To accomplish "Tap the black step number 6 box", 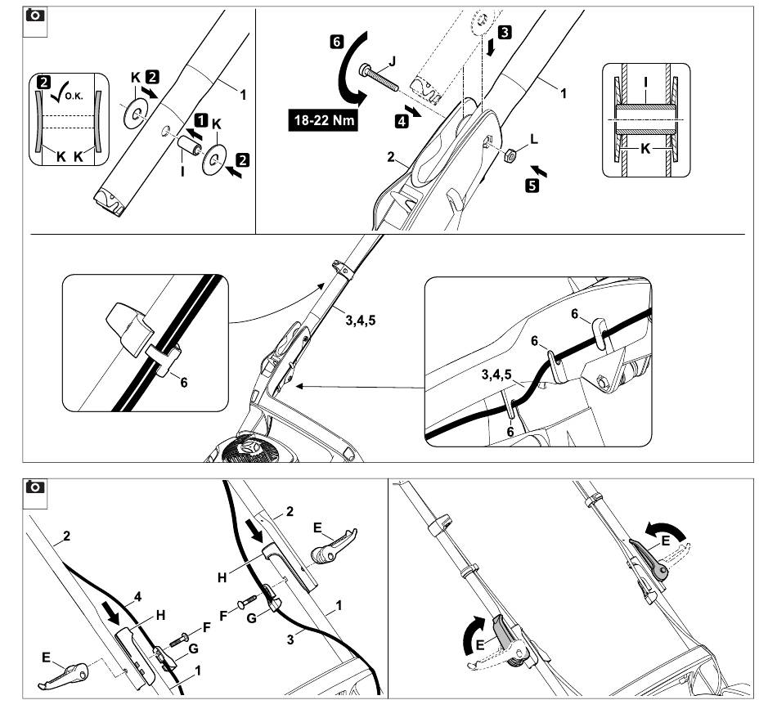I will (x=336, y=38).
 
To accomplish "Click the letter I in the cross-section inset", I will (x=645, y=83).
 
